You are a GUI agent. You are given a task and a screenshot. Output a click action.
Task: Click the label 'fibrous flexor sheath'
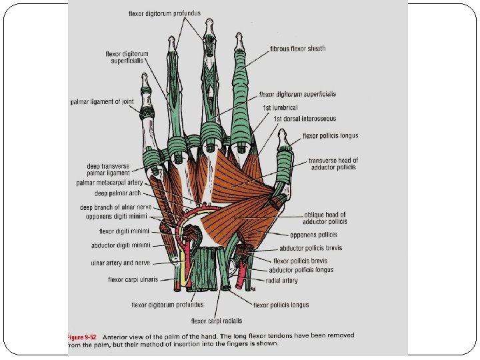coord(297,49)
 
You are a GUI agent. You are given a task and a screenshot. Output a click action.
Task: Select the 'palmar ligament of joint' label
coord(102,102)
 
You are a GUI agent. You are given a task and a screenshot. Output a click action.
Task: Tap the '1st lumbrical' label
coord(279,107)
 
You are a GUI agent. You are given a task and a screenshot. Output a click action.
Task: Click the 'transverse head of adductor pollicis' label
coord(333,164)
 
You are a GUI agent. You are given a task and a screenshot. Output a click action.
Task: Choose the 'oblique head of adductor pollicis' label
coord(324,218)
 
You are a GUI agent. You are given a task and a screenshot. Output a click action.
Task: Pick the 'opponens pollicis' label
coord(313,235)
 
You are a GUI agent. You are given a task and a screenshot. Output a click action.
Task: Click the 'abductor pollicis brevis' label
coord(311,248)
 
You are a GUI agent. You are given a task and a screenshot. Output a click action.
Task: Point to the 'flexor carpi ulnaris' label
coord(133,280)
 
